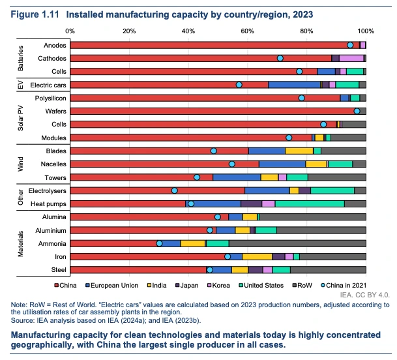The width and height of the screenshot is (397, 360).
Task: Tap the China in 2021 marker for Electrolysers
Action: [x=174, y=190]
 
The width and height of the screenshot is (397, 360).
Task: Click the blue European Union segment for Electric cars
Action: [x=294, y=85]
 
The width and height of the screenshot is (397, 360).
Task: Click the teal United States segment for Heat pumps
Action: [x=310, y=203]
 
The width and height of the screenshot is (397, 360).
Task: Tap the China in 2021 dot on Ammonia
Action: [x=159, y=243]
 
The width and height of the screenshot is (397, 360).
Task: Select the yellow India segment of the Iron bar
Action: [x=257, y=256]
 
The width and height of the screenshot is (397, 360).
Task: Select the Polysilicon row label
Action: [x=49, y=98]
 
